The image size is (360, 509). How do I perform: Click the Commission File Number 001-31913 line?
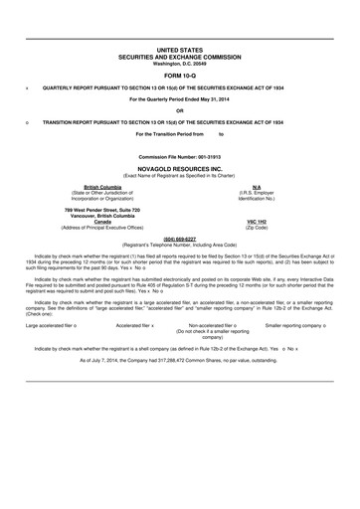[x=180, y=157]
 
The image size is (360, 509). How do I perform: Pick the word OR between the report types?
[x=180, y=110]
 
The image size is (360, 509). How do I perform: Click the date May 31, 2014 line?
[x=180, y=99]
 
